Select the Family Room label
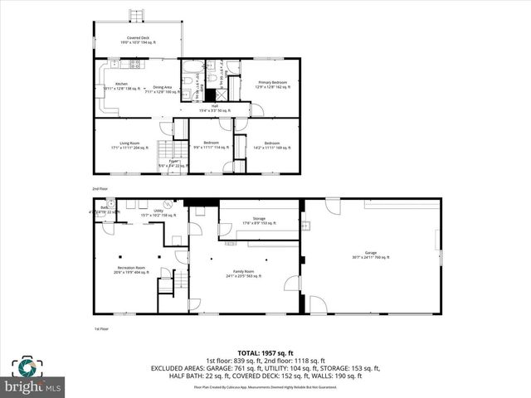pos(244,274)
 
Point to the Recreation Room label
pos(130,270)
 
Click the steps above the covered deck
pos(135,16)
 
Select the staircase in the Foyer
pos(170,150)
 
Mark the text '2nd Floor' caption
pos(100,189)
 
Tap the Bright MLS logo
pos(32,378)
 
